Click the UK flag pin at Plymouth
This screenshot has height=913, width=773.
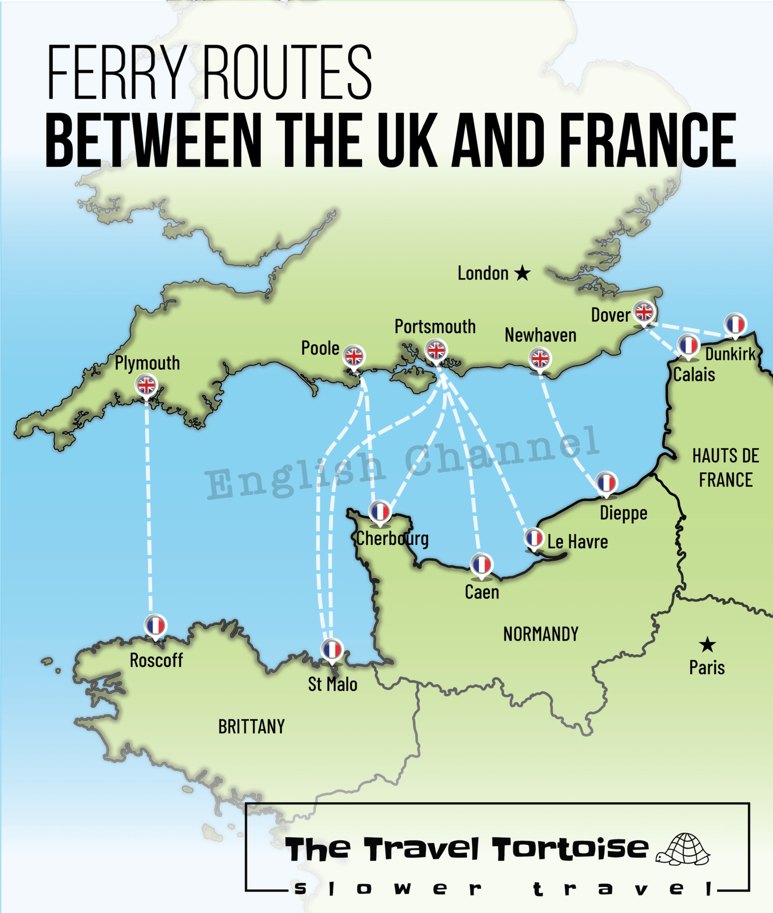point(146,386)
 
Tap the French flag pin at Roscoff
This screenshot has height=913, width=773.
point(156,625)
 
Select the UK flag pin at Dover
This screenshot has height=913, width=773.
point(644,312)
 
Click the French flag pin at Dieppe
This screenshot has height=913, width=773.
point(606,483)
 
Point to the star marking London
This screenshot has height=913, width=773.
point(522,273)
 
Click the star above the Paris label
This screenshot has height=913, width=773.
point(707,645)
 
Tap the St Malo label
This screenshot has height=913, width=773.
point(332,684)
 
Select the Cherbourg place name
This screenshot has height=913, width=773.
point(392,539)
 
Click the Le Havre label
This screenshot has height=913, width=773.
point(577,542)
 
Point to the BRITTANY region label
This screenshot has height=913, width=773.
point(251,727)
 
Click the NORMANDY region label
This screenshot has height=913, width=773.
point(541,634)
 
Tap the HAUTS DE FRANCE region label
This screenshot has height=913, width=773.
point(726,468)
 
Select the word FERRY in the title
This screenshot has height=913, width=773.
point(116,73)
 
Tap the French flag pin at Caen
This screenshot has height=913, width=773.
point(481,565)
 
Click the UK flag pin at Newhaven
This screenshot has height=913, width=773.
point(540,359)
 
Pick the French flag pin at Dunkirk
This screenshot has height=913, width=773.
point(735,324)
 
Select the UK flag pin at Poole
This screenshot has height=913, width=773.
point(354,357)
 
